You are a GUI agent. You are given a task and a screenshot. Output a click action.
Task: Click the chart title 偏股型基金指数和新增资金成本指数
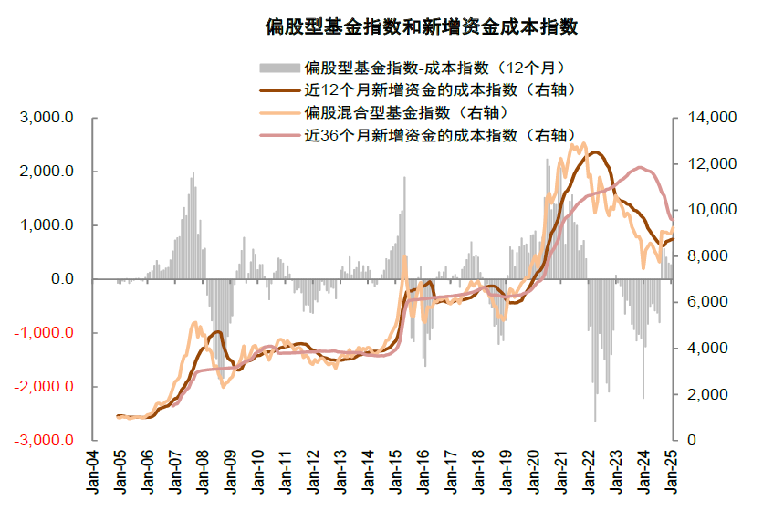[421, 26]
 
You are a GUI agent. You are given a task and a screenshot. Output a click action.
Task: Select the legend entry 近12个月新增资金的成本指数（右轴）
[443, 89]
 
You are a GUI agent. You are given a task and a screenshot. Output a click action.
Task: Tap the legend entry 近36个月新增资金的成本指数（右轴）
[443, 135]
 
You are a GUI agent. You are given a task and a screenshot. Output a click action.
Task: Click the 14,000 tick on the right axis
[706, 118]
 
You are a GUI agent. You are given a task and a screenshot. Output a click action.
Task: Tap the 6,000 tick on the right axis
[702, 302]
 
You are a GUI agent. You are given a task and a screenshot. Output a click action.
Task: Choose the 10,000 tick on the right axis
[706, 210]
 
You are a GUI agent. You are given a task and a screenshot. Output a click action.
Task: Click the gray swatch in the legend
[279, 68]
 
